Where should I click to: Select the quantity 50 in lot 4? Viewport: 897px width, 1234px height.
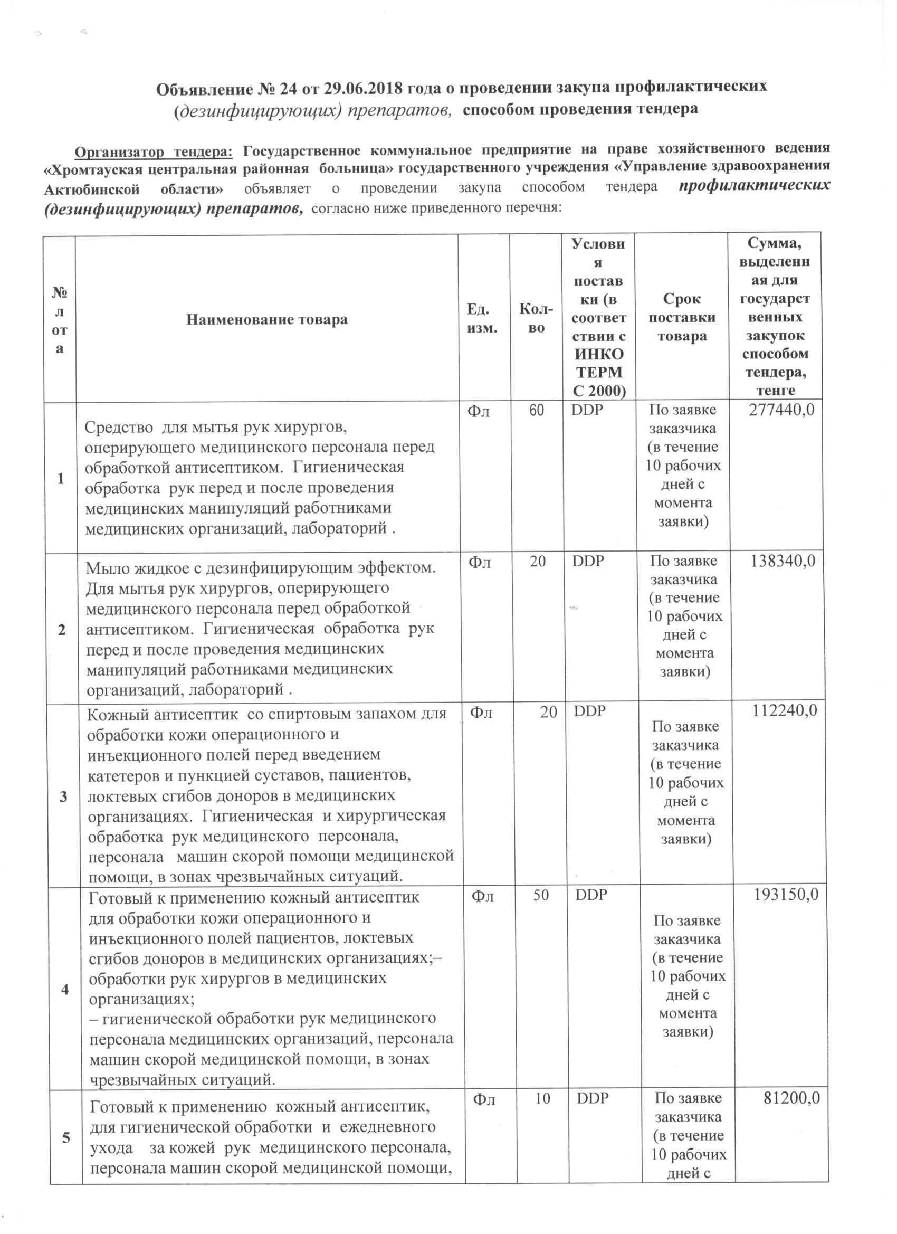pyautogui.click(x=540, y=896)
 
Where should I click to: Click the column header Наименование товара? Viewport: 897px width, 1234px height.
pyautogui.click(x=266, y=319)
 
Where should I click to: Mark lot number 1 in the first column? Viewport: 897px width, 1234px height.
pyautogui.click(x=60, y=479)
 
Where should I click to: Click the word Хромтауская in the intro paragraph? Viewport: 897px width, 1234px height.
pyautogui.click(x=96, y=169)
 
